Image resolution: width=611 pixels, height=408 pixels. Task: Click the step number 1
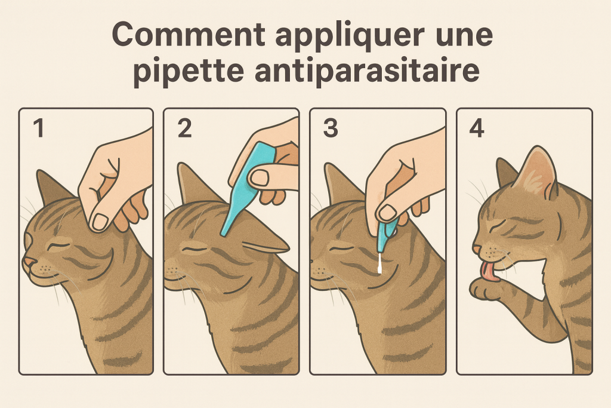tap(38, 129)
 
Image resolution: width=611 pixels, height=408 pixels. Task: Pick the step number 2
tap(184, 129)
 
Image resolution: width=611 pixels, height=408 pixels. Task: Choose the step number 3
tap(330, 129)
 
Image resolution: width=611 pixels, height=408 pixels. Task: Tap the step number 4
tap(476, 129)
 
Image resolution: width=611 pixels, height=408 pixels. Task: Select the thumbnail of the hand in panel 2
tap(260, 177)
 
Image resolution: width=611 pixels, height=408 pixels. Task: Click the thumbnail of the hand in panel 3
tap(387, 212)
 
